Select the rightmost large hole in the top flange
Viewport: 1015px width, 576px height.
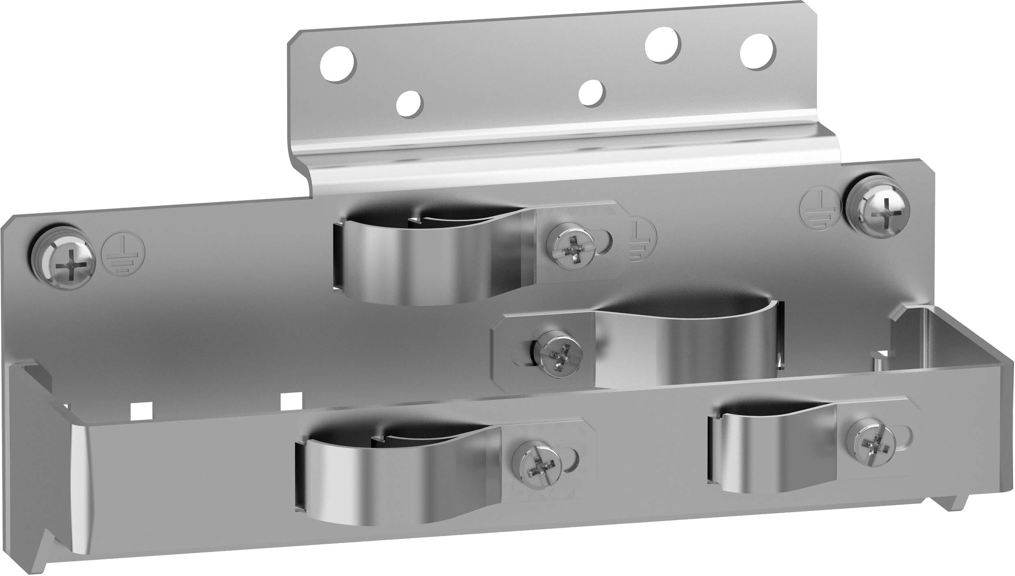point(758,50)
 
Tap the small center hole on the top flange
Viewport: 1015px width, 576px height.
point(592,92)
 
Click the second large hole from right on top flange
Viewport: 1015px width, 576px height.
point(663,46)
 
